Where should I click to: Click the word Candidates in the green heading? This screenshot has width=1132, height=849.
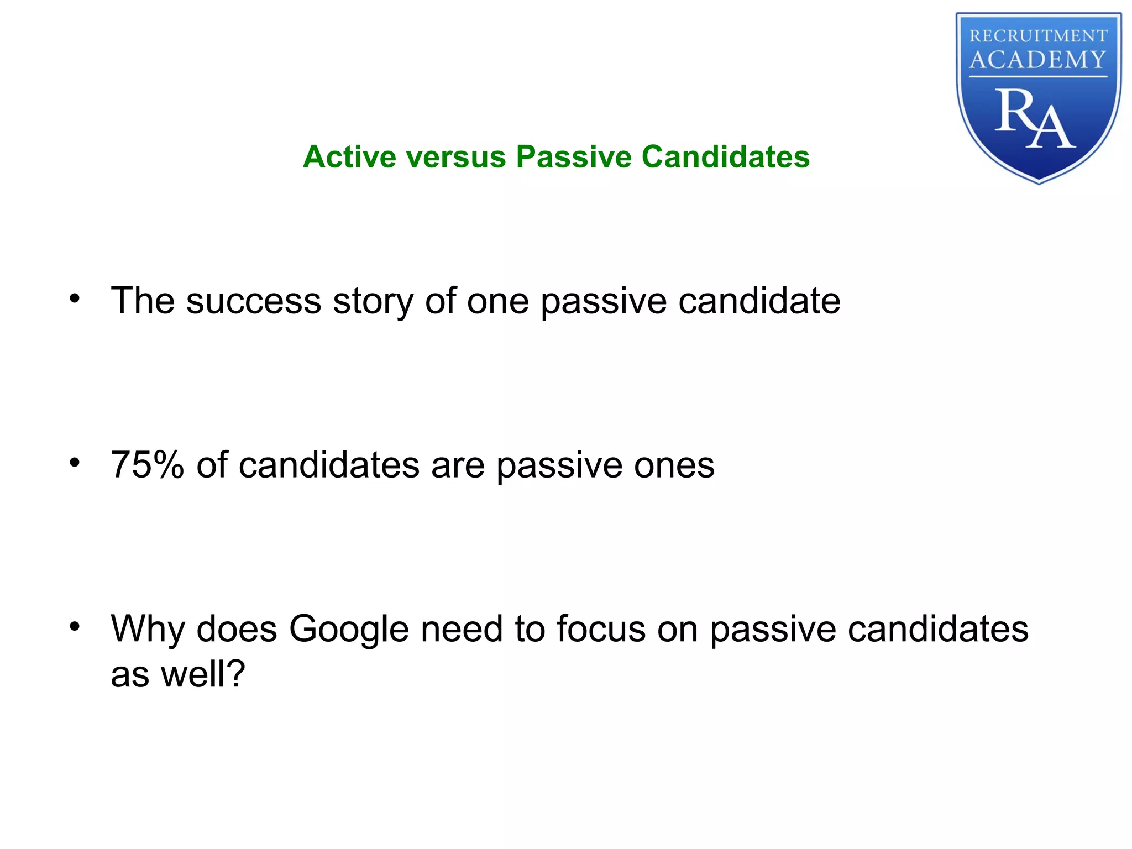pos(725,156)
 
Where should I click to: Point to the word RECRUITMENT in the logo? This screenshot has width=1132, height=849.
pos(1038,36)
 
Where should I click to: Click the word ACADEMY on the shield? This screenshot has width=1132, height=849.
pos(1038,60)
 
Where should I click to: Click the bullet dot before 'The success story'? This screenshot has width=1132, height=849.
pos(75,299)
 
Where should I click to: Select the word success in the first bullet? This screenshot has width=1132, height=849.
pos(254,301)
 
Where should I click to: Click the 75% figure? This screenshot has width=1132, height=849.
pos(147,465)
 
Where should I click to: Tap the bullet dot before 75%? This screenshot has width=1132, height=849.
pos(75,463)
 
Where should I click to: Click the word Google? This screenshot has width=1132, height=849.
pos(349,630)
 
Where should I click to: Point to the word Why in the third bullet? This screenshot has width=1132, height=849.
pos(148,630)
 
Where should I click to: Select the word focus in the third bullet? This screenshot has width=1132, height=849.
pos(600,628)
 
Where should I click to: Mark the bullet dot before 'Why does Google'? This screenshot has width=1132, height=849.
pos(75,627)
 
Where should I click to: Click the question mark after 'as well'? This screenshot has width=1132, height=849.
pos(235,674)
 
